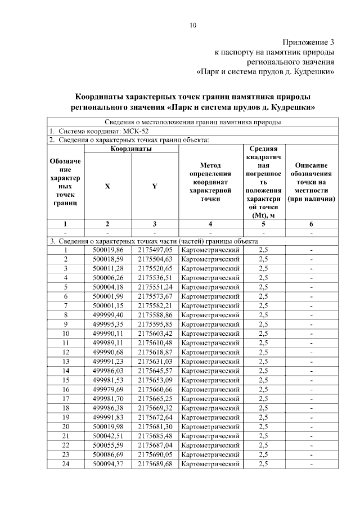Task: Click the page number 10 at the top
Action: (x=193, y=25)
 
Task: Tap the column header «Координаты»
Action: (x=130, y=148)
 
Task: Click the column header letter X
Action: (x=107, y=186)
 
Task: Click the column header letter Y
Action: (x=154, y=186)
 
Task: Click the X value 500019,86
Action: (x=107, y=250)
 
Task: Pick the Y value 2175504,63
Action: (x=155, y=259)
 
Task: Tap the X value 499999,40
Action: (x=107, y=314)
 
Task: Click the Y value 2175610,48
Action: (x=155, y=342)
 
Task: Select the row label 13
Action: (x=66, y=361)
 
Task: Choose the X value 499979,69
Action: (x=107, y=389)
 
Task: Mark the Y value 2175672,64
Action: (x=155, y=416)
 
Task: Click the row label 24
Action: (x=66, y=463)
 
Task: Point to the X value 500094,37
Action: (x=107, y=463)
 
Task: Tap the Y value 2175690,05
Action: (x=155, y=454)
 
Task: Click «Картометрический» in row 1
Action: (x=211, y=250)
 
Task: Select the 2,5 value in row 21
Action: (x=263, y=435)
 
